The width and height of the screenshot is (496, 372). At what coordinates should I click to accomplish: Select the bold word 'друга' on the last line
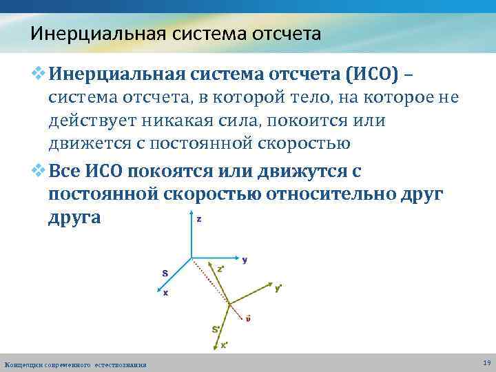tap(74, 218)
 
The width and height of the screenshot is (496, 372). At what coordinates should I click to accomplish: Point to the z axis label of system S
tap(199, 219)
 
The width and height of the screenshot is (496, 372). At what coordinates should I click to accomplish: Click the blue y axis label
tap(245, 260)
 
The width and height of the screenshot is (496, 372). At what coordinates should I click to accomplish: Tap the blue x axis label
tap(166, 292)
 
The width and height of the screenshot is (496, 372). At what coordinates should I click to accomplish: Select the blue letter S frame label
tap(165, 273)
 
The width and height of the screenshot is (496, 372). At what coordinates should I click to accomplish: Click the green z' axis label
tap(220, 269)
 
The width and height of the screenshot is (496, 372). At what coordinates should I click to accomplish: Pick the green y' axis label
tap(278, 288)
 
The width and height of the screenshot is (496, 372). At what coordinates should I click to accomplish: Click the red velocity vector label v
tap(248, 318)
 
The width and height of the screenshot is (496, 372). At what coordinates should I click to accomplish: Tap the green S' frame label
tap(216, 329)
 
